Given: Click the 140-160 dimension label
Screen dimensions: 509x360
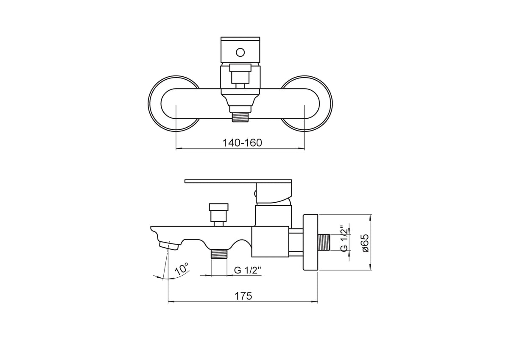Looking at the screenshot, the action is (242, 143).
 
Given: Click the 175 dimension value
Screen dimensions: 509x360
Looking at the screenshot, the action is (243, 296).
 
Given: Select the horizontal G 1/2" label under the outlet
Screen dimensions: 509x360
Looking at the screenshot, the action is (248, 270).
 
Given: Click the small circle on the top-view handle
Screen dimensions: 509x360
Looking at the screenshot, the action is (240, 53).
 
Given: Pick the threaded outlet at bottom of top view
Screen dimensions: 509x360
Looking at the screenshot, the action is (241, 117).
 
